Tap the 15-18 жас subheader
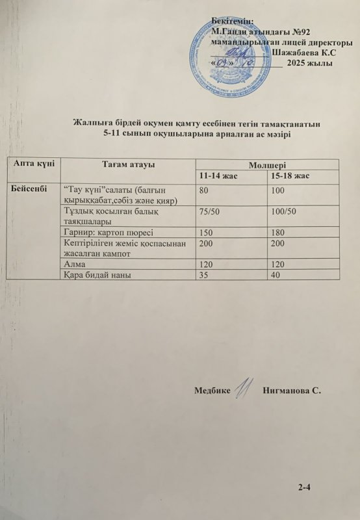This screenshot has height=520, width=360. tap(292, 176)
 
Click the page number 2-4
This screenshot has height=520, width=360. tap(305, 487)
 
